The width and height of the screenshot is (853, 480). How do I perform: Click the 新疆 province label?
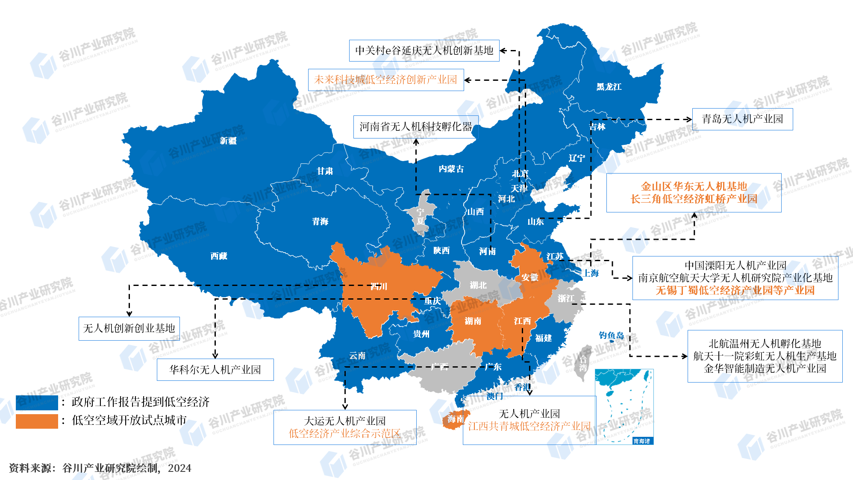pyautogui.click(x=228, y=141)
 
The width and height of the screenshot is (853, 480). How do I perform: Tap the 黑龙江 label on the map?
pyautogui.click(x=609, y=87)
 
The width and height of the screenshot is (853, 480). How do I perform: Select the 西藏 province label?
pyautogui.click(x=219, y=256)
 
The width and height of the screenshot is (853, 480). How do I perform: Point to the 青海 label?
pyautogui.click(x=320, y=221)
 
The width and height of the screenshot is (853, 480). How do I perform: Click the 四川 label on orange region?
pyautogui.click(x=379, y=286)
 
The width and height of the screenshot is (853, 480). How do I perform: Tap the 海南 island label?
pyautogui.click(x=456, y=419)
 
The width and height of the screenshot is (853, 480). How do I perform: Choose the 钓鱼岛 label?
pyautogui.click(x=611, y=336)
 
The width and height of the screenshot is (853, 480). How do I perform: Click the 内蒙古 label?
pyautogui.click(x=451, y=169)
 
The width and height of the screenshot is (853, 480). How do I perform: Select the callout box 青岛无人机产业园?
pyautogui.click(x=742, y=119)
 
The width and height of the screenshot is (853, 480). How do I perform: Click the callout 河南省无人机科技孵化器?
pyautogui.click(x=415, y=127)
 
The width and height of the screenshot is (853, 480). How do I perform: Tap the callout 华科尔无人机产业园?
pyautogui.click(x=215, y=370)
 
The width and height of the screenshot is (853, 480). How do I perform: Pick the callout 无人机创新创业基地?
pyautogui.click(x=129, y=328)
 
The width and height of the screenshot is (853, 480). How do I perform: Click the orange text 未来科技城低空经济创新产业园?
pyautogui.click(x=385, y=80)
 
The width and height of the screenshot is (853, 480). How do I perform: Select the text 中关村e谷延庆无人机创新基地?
pyautogui.click(x=424, y=50)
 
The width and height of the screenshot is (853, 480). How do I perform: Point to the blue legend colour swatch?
pyautogui.click(x=37, y=403)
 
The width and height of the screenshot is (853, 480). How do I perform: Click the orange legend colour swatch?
pyautogui.click(x=37, y=421)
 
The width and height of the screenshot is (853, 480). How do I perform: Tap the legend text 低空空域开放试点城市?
pyautogui.click(x=129, y=420)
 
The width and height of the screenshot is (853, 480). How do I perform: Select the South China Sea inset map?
pyautogui.click(x=624, y=406)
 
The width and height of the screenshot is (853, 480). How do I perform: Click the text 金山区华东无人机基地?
pyautogui.click(x=694, y=186)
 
